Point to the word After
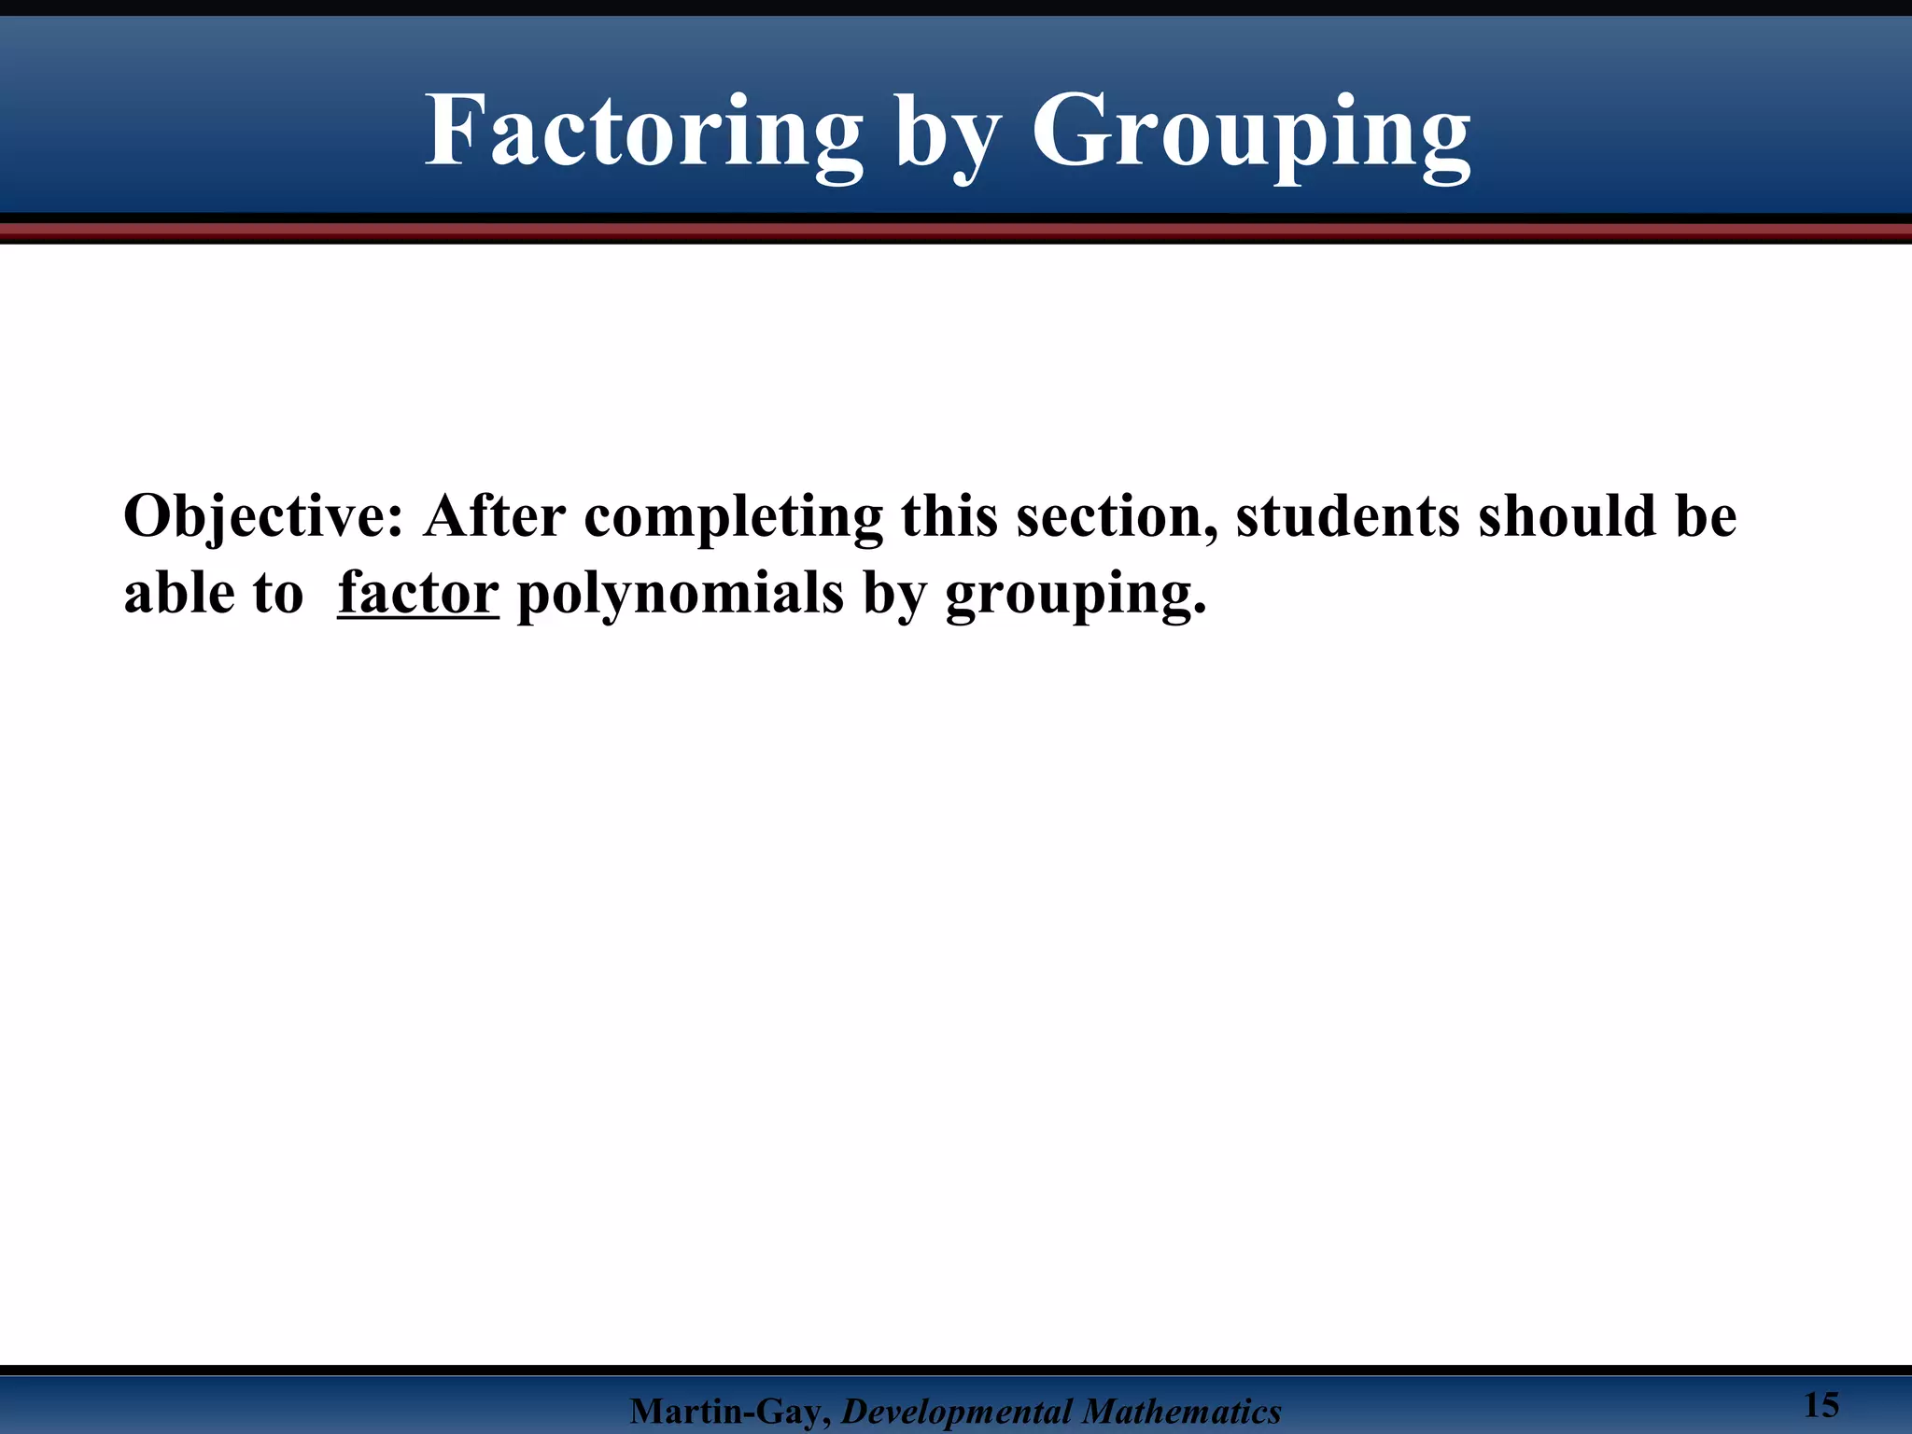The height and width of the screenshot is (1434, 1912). click(x=495, y=515)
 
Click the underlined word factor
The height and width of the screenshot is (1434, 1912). click(x=418, y=593)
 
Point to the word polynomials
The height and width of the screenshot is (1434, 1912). click(x=680, y=595)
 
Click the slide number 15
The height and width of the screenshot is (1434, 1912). click(x=1821, y=1405)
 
